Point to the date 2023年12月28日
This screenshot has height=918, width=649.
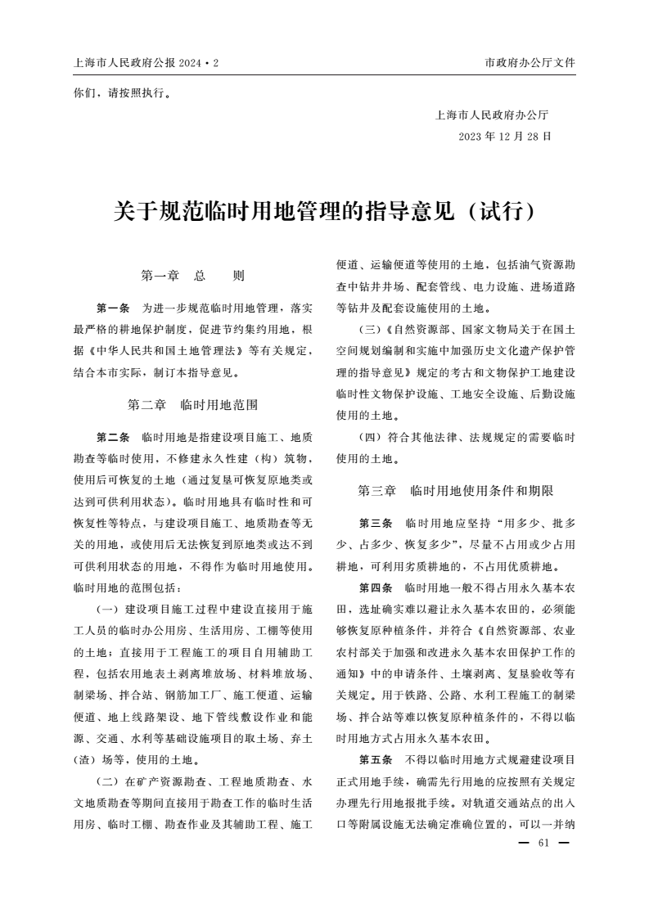tap(505, 136)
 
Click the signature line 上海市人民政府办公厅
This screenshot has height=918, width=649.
tap(492, 115)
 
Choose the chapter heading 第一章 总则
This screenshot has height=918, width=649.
tap(193, 277)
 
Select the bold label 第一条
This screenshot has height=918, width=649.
tap(113, 308)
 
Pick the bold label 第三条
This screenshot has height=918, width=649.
tap(376, 522)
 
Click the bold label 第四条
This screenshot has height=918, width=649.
tap(376, 587)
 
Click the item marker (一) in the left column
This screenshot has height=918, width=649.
tap(108, 609)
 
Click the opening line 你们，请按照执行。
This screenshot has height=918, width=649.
tap(122, 92)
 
